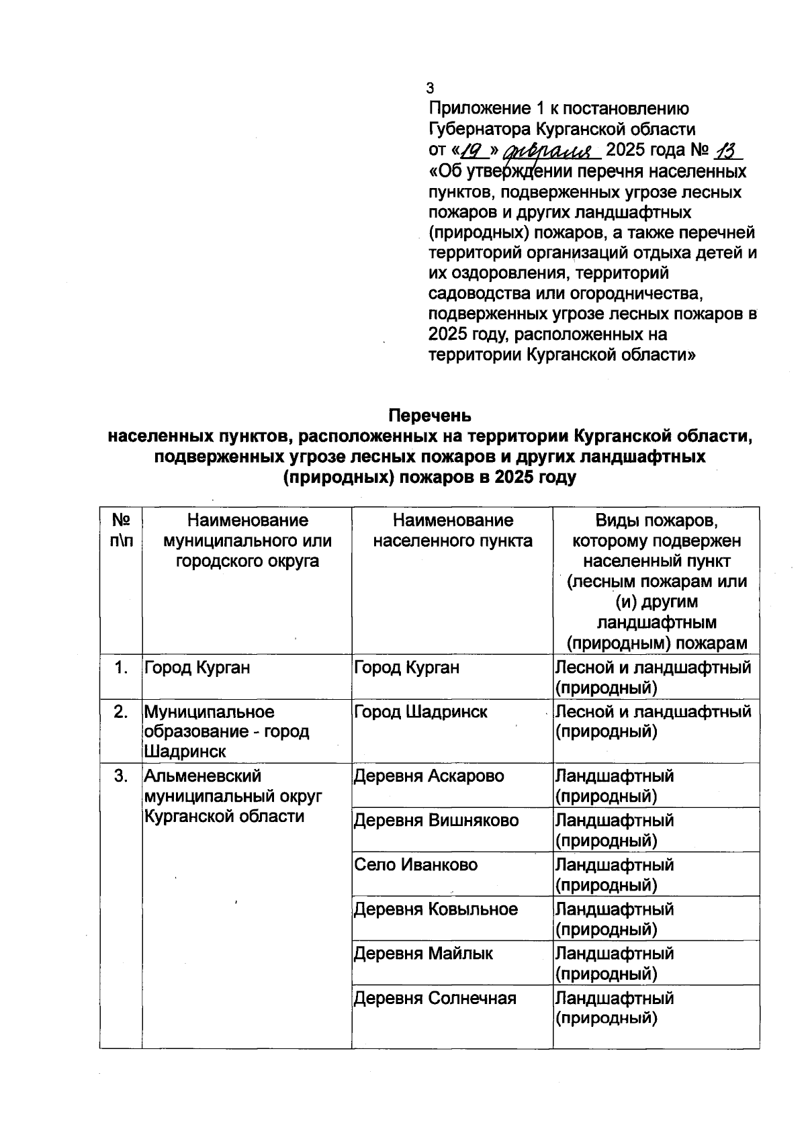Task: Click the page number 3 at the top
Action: [x=431, y=88]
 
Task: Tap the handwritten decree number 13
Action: [x=723, y=150]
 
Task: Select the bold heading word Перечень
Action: [x=430, y=416]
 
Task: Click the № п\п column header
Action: [x=121, y=531]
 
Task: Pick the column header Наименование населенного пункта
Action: [x=453, y=531]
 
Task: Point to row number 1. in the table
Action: [x=121, y=668]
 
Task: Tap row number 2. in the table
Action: [x=121, y=712]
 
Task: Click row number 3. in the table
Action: [x=121, y=776]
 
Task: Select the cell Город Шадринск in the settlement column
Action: [x=421, y=712]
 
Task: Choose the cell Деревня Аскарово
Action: [x=429, y=776]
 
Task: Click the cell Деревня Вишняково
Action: [x=437, y=821]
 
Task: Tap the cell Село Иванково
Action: [x=416, y=865]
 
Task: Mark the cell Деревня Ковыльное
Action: [x=436, y=909]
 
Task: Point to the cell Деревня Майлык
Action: [x=423, y=954]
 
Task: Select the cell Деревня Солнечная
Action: [x=435, y=998]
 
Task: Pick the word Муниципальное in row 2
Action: [x=210, y=712]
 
